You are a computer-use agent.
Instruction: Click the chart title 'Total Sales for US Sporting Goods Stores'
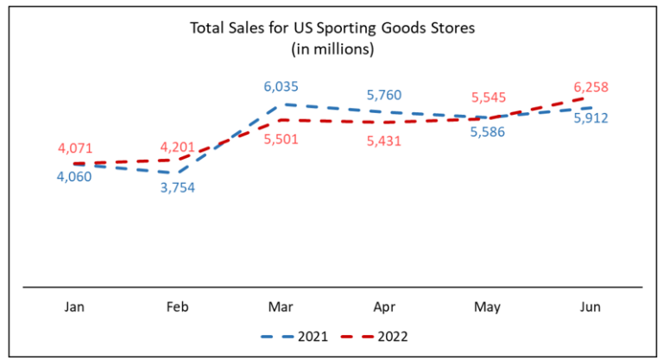point(332,29)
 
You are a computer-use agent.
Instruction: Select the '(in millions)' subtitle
point(332,49)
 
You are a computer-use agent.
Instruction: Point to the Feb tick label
point(177,306)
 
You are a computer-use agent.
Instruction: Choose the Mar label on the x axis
point(281,306)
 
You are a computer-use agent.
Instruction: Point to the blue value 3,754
point(177,187)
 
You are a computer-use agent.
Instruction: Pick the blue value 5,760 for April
point(384,94)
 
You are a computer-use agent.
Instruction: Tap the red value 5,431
point(384,140)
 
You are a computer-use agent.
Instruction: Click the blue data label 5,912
point(591,117)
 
